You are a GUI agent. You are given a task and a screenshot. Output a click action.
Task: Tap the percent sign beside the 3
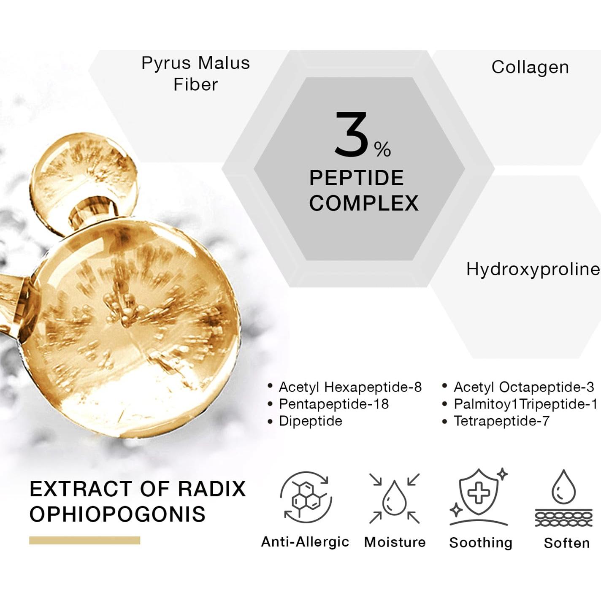tap(382, 149)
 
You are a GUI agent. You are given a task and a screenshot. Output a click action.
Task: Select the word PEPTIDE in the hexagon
tap(357, 178)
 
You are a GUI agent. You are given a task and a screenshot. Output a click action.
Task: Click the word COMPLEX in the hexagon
tap(364, 203)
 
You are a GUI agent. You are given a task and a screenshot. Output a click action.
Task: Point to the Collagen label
tap(530, 68)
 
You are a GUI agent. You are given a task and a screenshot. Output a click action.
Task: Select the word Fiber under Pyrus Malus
tap(195, 84)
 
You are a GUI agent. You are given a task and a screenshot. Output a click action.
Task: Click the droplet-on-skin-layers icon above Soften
tap(563, 498)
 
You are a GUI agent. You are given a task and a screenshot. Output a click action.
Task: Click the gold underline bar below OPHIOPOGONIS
tap(84, 540)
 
